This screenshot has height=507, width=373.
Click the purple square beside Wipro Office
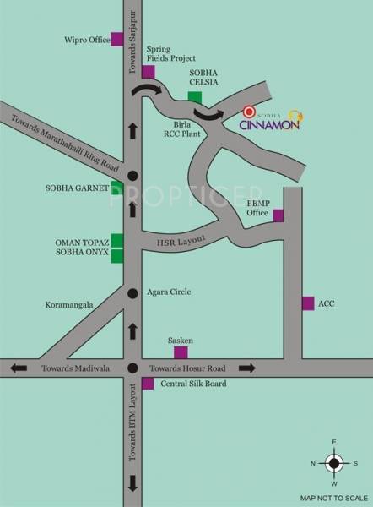[x=116, y=40]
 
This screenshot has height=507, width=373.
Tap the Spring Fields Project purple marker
[x=148, y=72]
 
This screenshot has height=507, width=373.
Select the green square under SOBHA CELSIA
[x=195, y=97]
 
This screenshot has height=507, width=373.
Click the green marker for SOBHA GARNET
[x=117, y=188]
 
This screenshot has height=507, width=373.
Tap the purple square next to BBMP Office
[x=278, y=215]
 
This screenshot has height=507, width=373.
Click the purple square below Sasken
[x=180, y=351]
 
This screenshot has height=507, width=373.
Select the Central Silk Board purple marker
[x=148, y=384]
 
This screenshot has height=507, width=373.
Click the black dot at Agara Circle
[x=132, y=292]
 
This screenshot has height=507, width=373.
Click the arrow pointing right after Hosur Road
[x=247, y=368]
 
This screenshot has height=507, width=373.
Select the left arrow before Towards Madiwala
[x=19, y=368]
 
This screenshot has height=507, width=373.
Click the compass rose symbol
[x=334, y=462]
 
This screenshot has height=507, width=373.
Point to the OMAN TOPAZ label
[x=83, y=241]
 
